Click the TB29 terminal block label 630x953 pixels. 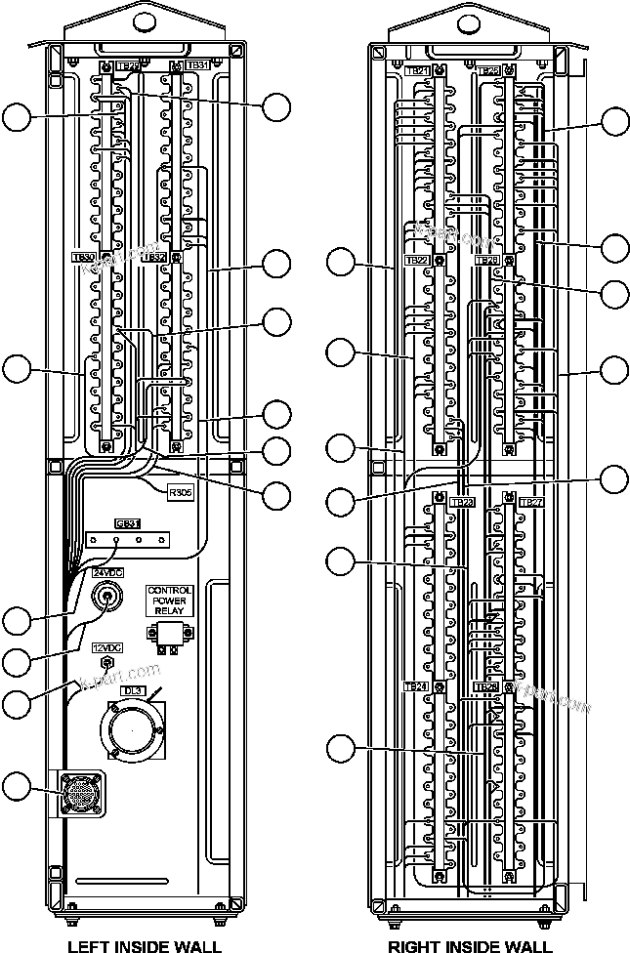[128, 65]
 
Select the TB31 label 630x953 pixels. [197, 65]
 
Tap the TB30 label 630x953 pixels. [83, 258]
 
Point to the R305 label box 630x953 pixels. [181, 493]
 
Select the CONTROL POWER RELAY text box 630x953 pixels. [169, 599]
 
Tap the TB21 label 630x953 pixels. [417, 70]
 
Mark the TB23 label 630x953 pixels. [463, 502]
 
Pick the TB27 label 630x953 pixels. [530, 502]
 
